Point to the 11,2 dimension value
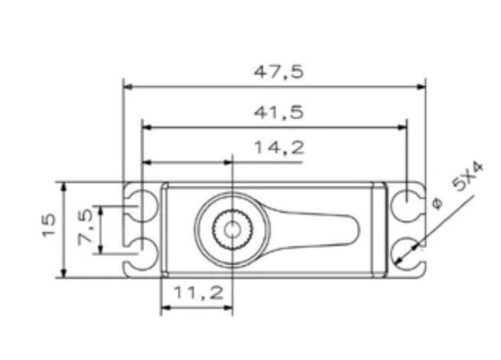click(198, 292)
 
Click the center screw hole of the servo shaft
click(232, 229)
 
